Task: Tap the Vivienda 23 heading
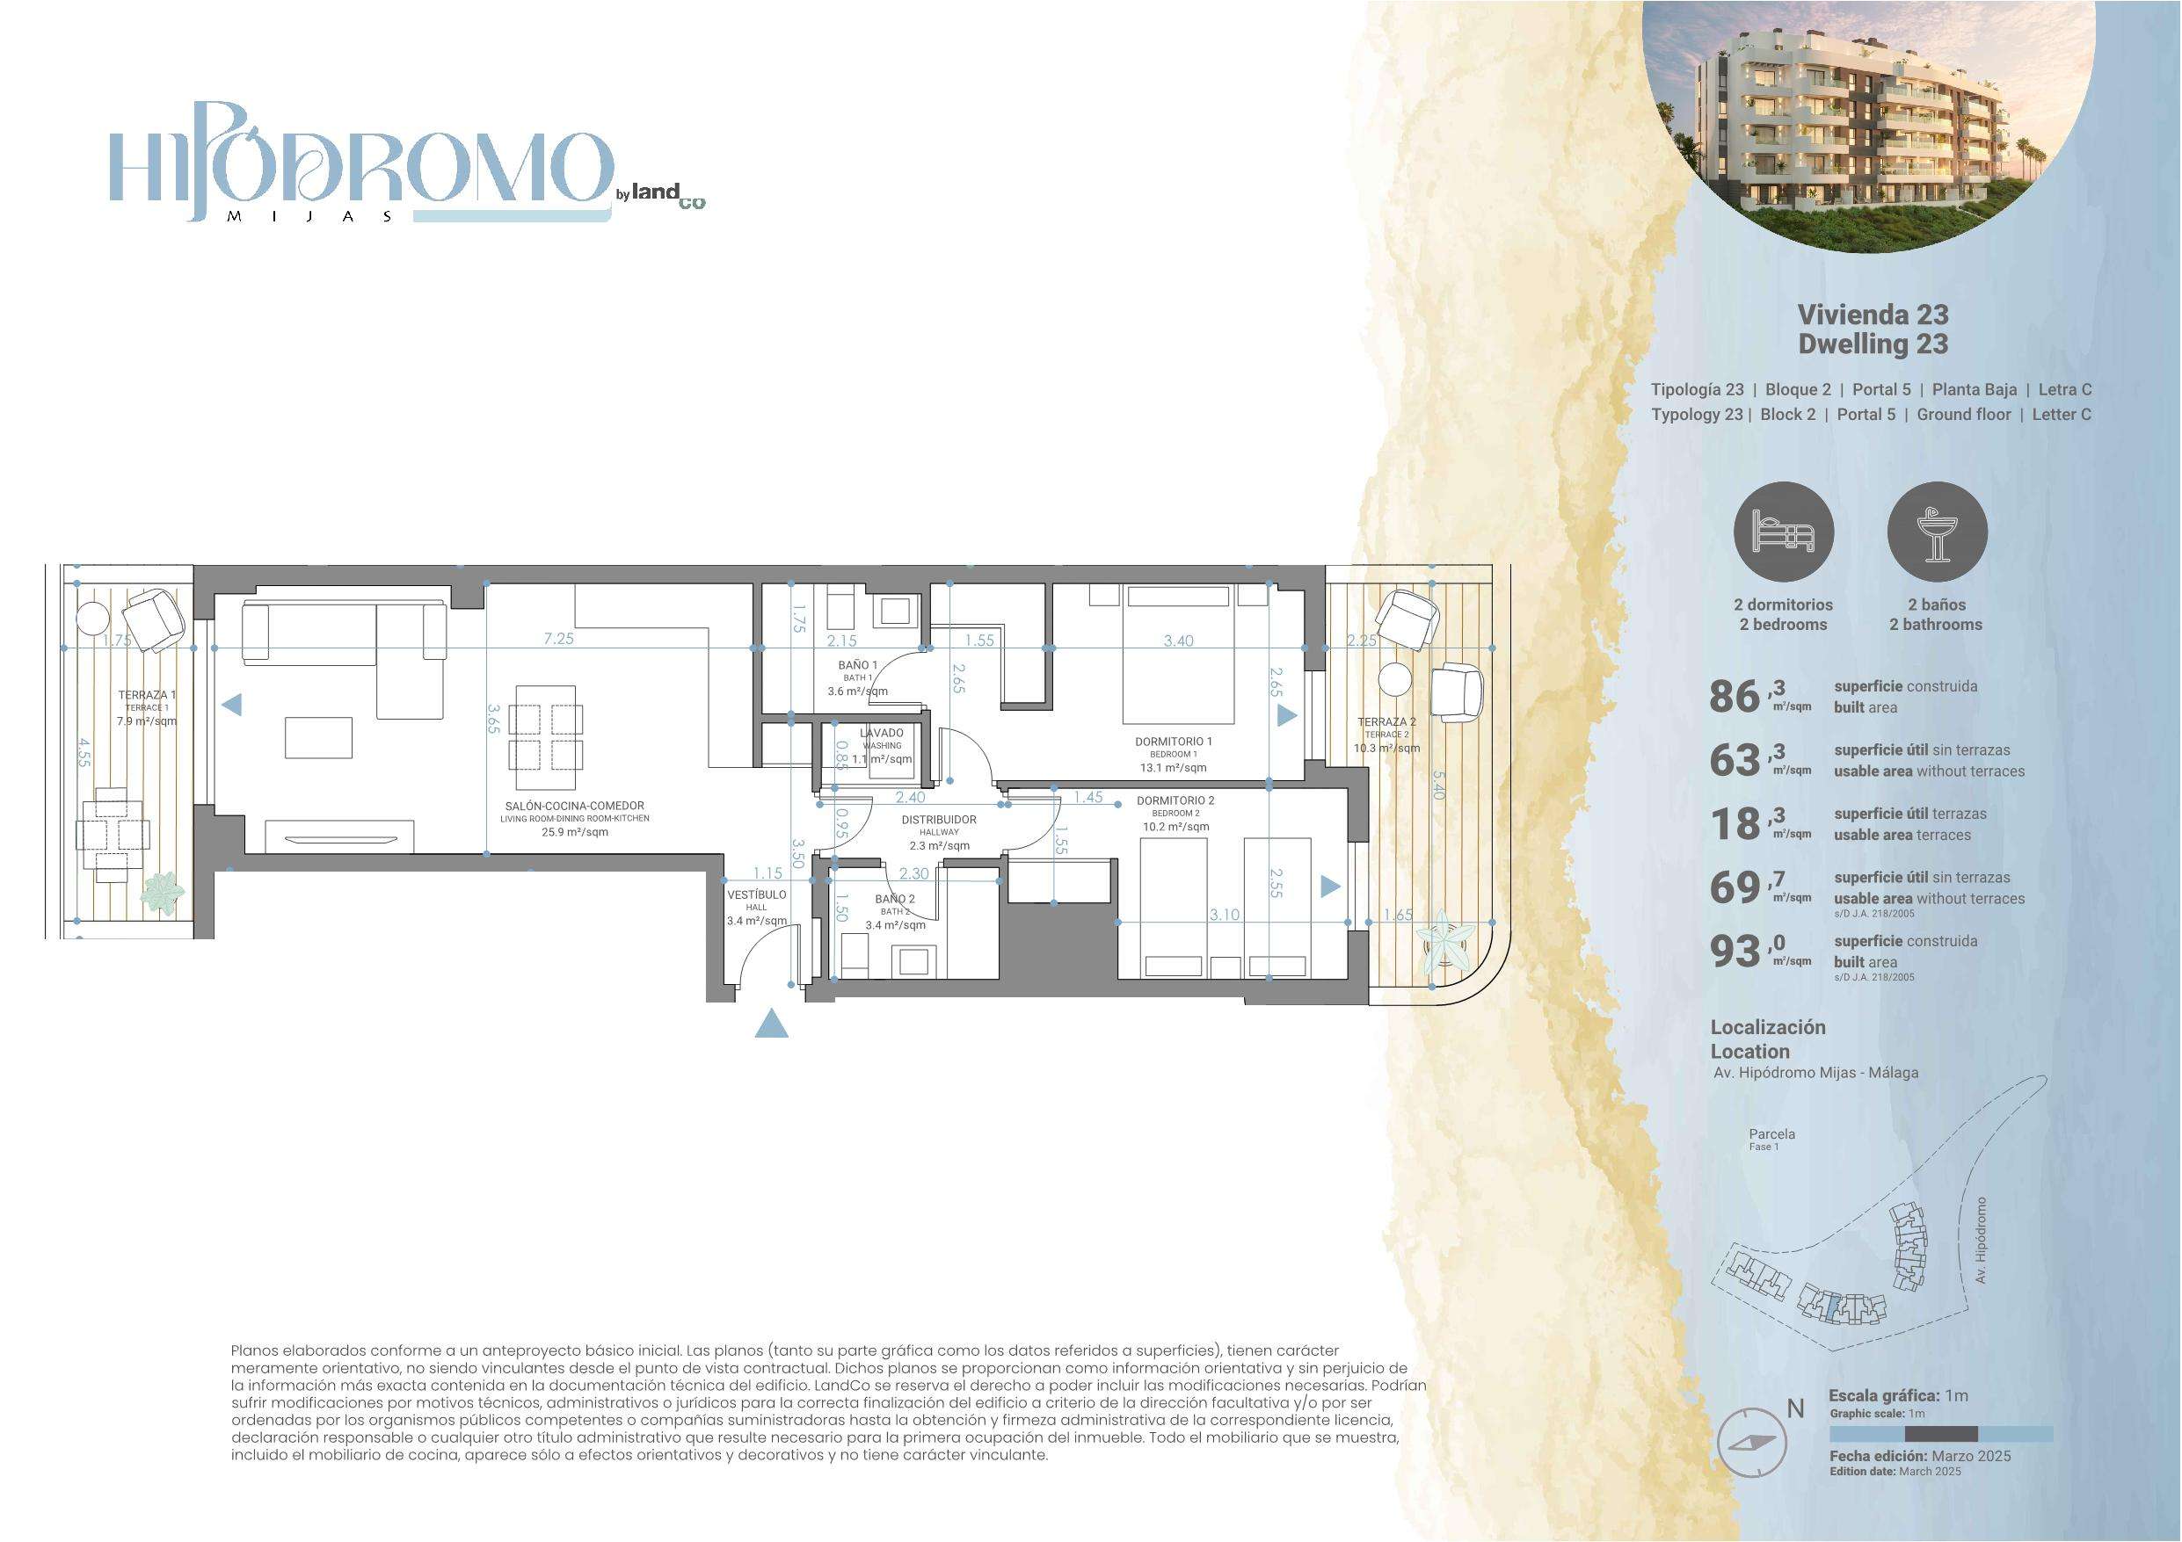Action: coord(1873,315)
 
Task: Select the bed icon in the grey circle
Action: coord(1784,530)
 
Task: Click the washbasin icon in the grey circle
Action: coord(1936,530)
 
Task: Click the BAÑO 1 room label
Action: coord(857,666)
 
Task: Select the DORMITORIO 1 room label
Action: coord(1174,741)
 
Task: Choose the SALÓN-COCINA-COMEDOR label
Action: coord(574,806)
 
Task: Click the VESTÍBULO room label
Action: coord(756,895)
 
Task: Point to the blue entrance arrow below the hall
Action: coord(772,1024)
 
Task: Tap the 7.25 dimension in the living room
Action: coord(559,640)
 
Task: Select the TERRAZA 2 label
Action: coord(1386,722)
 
